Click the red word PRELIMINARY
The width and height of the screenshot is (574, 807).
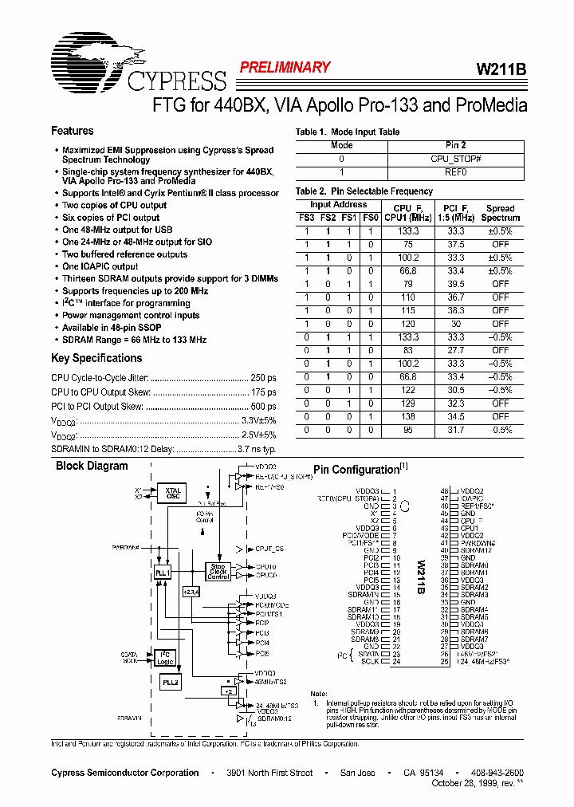285,68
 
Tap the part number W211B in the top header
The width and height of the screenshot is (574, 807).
501,69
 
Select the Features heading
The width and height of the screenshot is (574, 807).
73,131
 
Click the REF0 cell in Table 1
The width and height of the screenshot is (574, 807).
455,171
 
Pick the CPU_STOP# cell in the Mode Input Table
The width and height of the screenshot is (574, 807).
455,159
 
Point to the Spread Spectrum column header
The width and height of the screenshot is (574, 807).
501,213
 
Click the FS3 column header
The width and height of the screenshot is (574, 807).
306,217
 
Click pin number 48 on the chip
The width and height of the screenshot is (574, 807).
445,490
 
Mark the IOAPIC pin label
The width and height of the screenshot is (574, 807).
474,498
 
